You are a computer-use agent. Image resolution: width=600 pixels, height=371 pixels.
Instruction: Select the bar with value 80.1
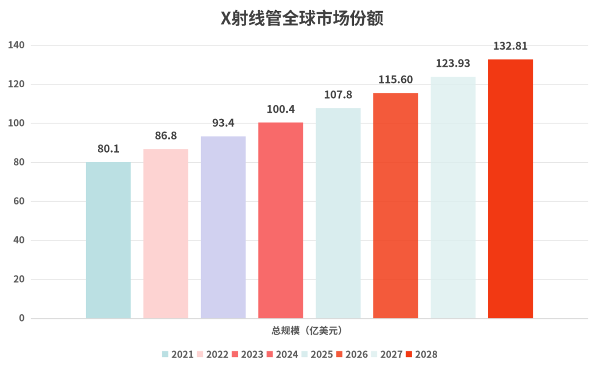[x=108, y=240]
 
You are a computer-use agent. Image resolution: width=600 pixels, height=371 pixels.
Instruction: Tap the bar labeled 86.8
[x=166, y=233]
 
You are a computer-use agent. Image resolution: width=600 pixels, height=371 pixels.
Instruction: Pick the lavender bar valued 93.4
[x=223, y=227]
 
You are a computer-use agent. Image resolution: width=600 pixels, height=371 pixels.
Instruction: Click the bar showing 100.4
[x=281, y=220]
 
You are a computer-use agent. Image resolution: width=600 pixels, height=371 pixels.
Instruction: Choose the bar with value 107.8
[x=338, y=213]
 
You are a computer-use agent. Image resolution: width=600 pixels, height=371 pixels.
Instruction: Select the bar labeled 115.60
[x=396, y=205]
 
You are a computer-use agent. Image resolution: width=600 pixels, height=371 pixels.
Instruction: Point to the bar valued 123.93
[x=453, y=198]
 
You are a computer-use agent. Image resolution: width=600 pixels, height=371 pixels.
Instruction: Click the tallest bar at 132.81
[x=510, y=189]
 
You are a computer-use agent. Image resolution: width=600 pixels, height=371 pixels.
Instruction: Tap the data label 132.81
[x=510, y=46]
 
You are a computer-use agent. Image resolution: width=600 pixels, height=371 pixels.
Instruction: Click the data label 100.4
[x=281, y=109]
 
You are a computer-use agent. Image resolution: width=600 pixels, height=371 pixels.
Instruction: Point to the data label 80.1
[x=108, y=149]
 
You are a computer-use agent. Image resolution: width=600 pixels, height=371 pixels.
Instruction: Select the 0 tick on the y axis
[x=22, y=318]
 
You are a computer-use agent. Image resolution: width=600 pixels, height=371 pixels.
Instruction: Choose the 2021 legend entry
[x=178, y=354]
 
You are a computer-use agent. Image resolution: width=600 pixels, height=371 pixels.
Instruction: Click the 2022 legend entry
[x=213, y=354]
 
